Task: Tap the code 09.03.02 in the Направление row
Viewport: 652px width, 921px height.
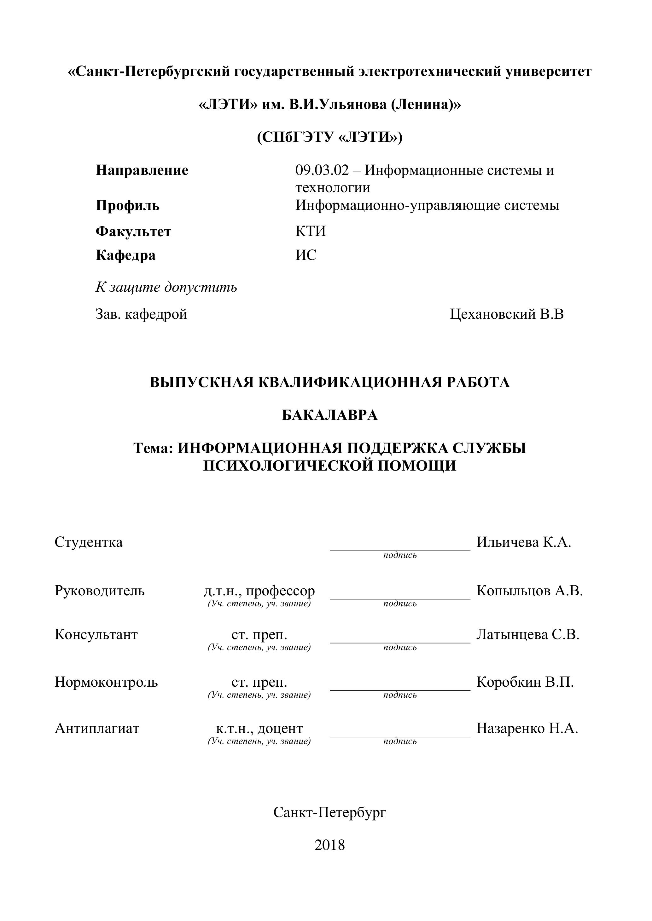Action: click(x=322, y=170)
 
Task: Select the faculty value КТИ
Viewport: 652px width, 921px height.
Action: click(x=310, y=232)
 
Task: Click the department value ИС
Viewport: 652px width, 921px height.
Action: click(x=306, y=255)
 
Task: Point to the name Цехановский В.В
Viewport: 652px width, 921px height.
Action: click(x=507, y=314)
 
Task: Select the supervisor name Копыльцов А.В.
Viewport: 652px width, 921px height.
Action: click(x=529, y=591)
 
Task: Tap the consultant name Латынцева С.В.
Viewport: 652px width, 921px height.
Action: click(x=527, y=635)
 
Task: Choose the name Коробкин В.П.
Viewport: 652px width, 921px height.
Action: click(x=525, y=682)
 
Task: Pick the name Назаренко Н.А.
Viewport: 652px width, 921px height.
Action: click(x=527, y=729)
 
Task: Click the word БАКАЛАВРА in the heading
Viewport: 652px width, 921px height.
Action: click(x=329, y=415)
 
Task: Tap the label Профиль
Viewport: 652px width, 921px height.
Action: click(x=127, y=206)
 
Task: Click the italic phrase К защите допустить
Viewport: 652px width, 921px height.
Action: click(x=166, y=287)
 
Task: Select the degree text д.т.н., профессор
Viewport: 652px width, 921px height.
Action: click(x=259, y=591)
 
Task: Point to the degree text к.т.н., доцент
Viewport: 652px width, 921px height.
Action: click(x=259, y=729)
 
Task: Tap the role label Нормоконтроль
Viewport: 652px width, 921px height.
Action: click(x=106, y=682)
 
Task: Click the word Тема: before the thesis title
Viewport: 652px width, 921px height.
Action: click(x=153, y=448)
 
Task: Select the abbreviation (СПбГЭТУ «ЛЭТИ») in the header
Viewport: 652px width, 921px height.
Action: click(x=329, y=137)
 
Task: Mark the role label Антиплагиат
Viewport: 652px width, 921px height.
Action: click(x=97, y=729)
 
